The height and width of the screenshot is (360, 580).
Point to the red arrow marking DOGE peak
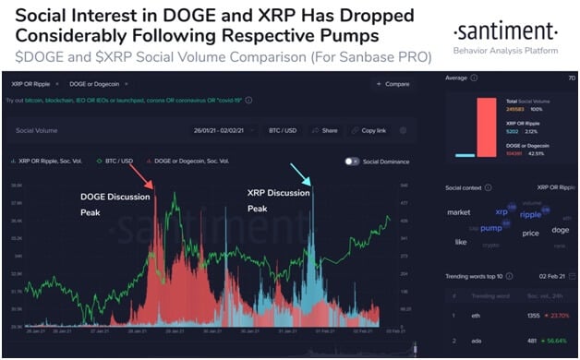pos(142,175)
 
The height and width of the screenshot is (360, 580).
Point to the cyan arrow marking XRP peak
pos(301,173)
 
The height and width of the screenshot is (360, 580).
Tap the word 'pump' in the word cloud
pos(491,228)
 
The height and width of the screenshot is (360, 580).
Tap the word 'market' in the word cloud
pos(459,212)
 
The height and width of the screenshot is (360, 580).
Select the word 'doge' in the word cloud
pos(561,229)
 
